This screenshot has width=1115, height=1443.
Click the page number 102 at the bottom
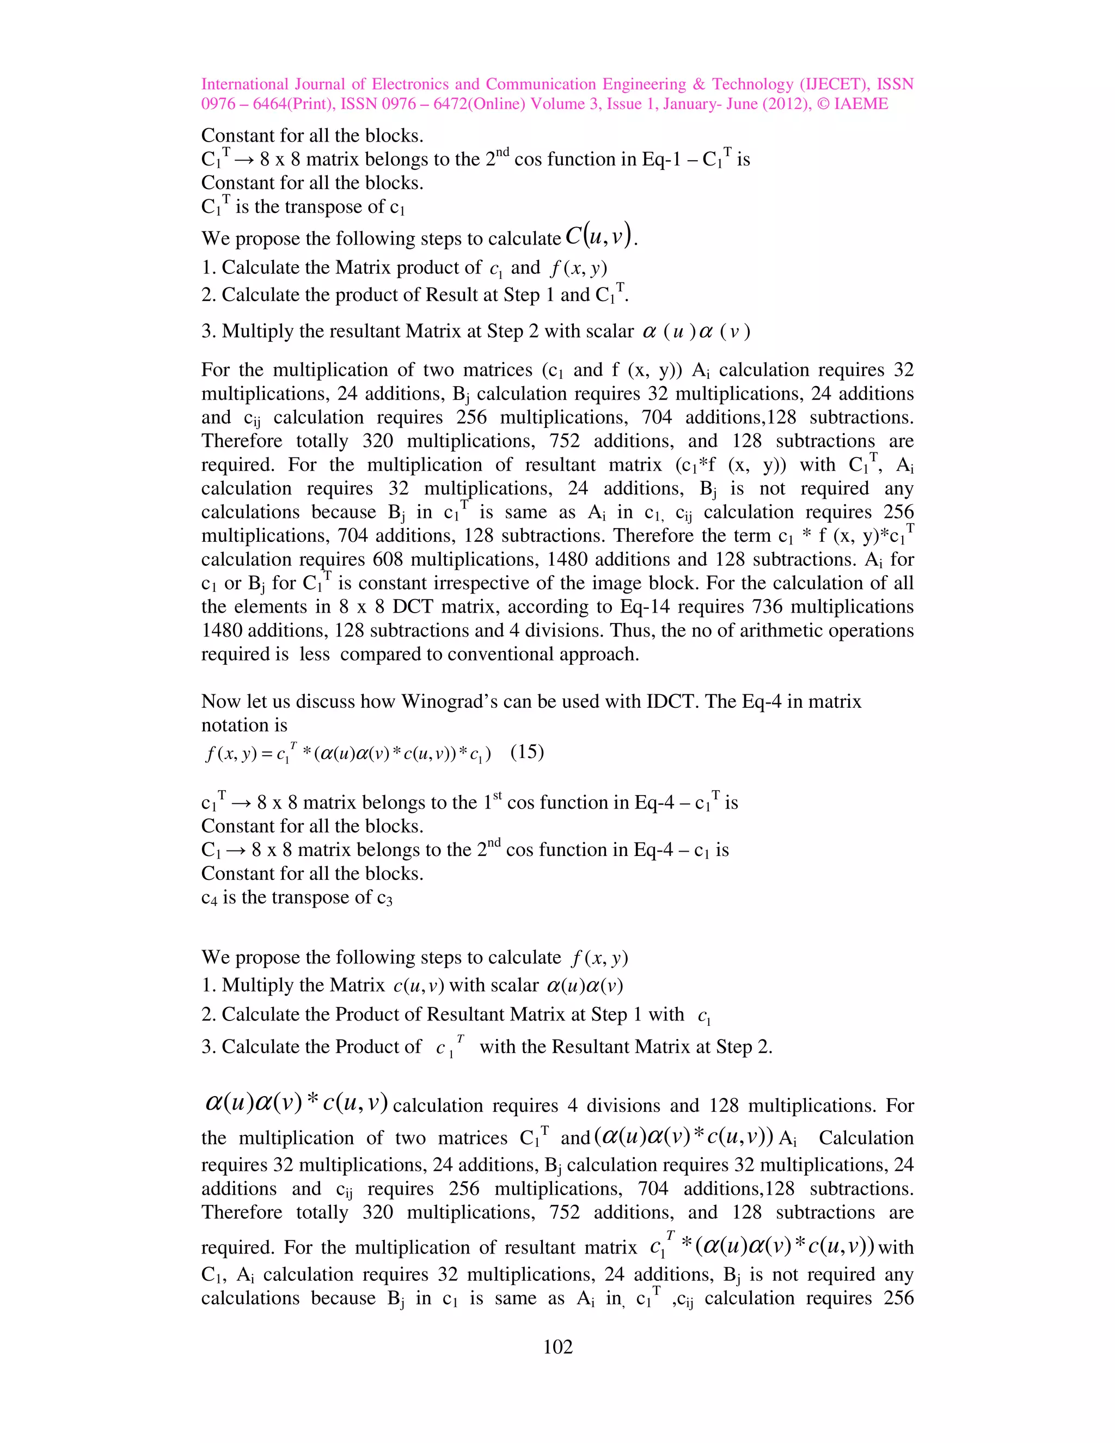pyautogui.click(x=557, y=1347)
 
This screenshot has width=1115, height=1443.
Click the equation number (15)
pyautogui.click(x=527, y=752)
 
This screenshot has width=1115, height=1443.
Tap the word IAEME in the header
pyautogui.click(x=861, y=103)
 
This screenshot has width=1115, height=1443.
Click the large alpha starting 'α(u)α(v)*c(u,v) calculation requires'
pyautogui.click(x=214, y=1102)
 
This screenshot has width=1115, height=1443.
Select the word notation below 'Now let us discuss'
pyautogui.click(x=244, y=725)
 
